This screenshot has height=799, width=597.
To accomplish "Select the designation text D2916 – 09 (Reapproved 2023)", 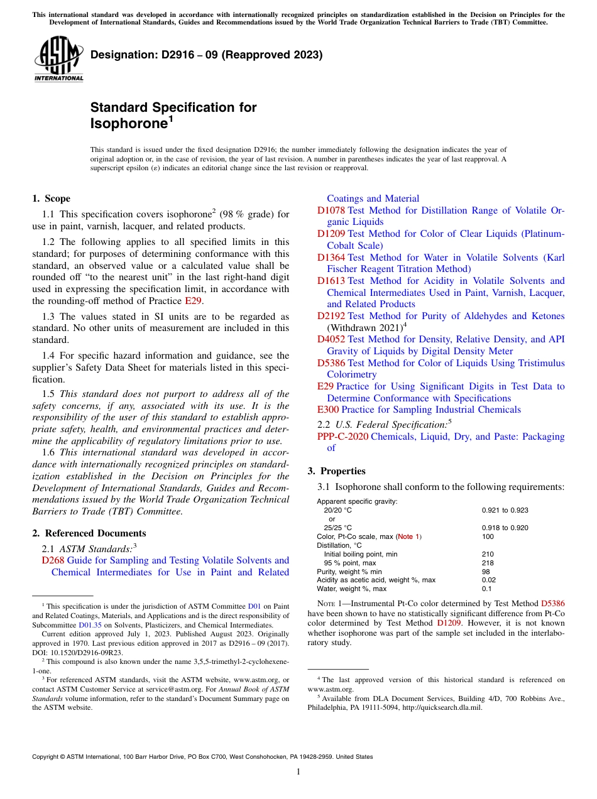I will (x=207, y=55).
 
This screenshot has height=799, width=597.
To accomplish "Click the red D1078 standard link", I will (x=331, y=210).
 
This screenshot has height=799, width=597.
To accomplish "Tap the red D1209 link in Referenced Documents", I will (x=331, y=234).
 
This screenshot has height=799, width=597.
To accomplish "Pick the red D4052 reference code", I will (x=331, y=339).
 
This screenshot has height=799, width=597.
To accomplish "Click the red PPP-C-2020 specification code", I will (x=342, y=437).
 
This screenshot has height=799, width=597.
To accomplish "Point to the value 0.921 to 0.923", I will (x=505, y=511).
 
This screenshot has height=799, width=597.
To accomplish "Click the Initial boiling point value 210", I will (x=488, y=554).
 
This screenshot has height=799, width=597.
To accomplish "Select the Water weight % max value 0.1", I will (x=486, y=589).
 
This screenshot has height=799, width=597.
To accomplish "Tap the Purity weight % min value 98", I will (x=486, y=572).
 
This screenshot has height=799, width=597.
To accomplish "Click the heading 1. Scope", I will (x=52, y=198).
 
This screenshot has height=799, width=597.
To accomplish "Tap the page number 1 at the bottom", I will (x=298, y=771).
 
